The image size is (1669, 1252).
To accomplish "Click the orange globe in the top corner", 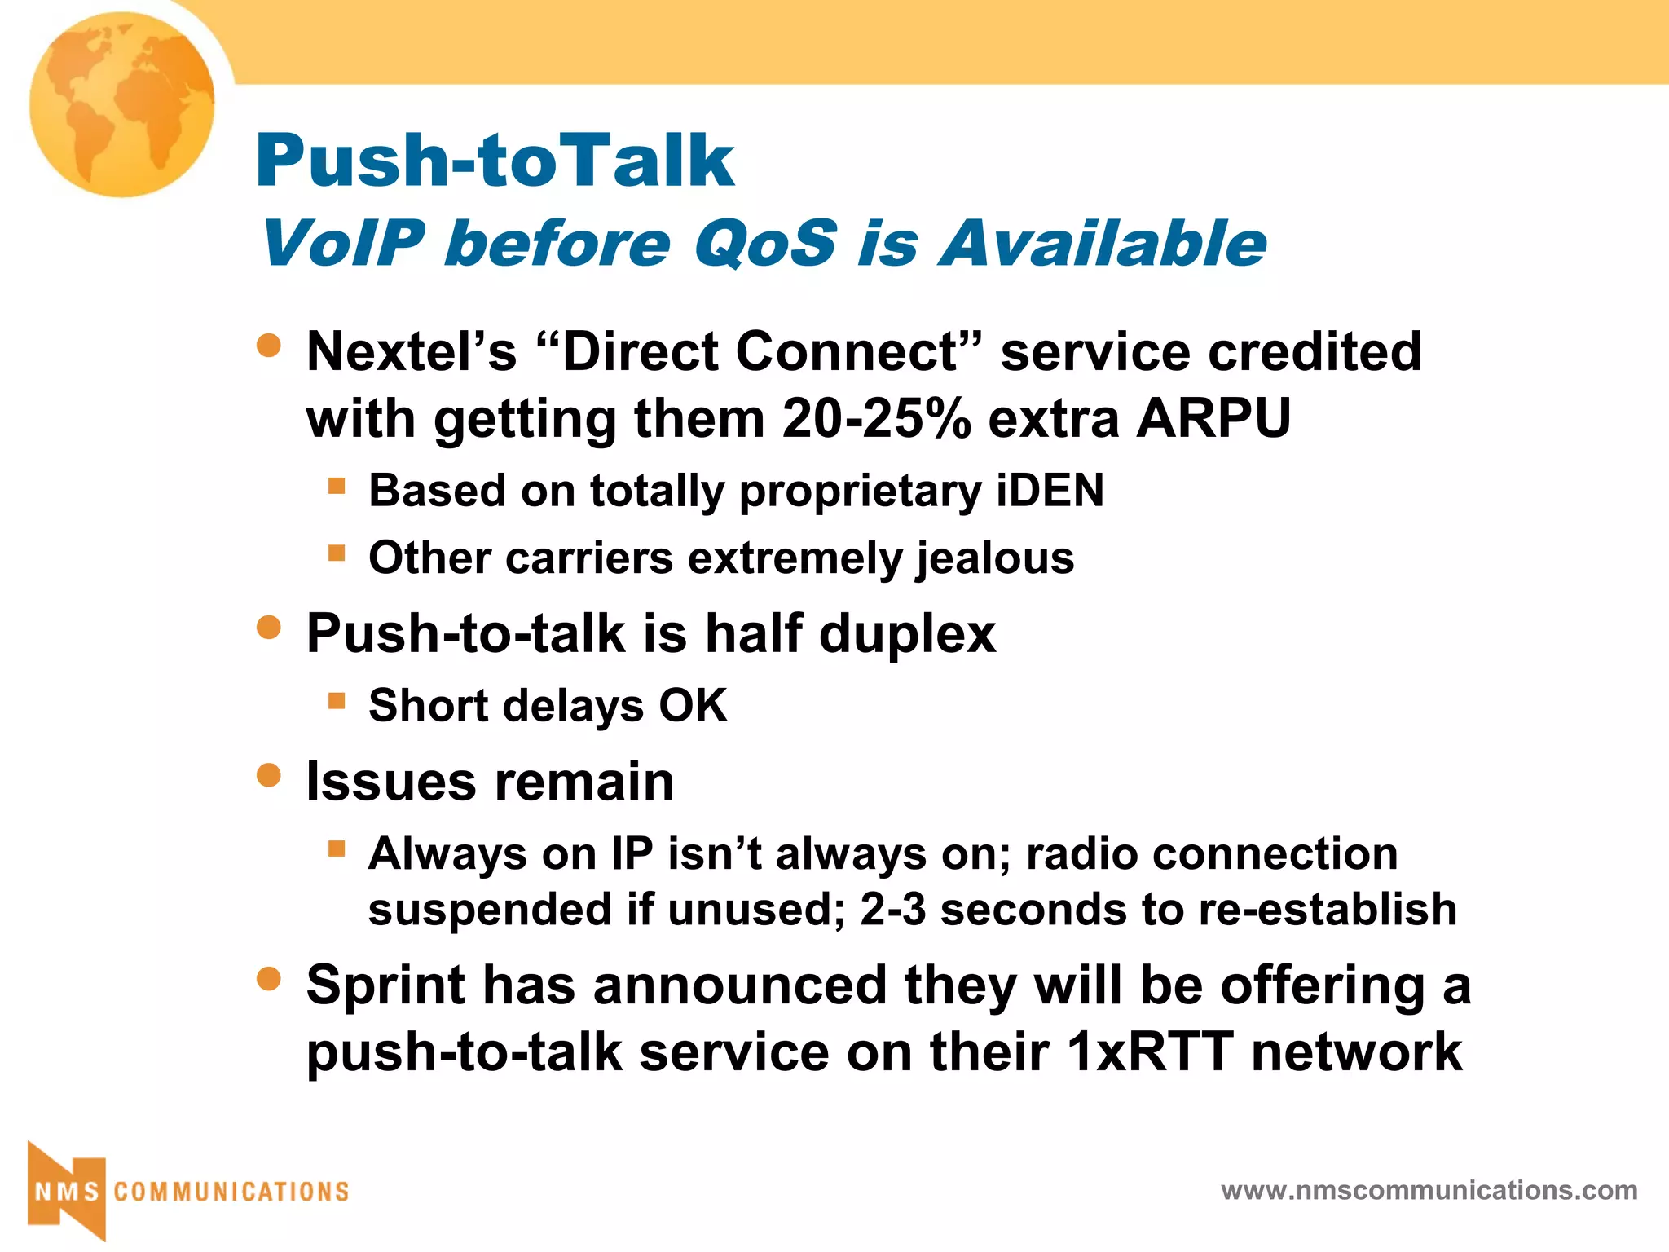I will pos(122,104).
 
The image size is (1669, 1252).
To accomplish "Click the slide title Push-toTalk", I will pos(495,161).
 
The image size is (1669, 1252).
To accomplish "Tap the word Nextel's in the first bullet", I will pos(412,351).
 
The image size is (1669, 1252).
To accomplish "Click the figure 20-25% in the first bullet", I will pos(876,418).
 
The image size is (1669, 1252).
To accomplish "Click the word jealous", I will pos(995,558).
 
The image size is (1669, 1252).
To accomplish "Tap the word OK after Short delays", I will pos(693,705).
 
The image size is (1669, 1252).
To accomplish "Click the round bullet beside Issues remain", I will pos(268,775).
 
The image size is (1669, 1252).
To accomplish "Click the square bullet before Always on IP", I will pos(337,849).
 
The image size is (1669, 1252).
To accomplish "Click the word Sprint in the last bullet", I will pos(385,985).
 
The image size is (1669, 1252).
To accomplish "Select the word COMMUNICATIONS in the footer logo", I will pos(231,1192).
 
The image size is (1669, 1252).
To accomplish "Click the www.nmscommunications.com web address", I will pos(1429,1190).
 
